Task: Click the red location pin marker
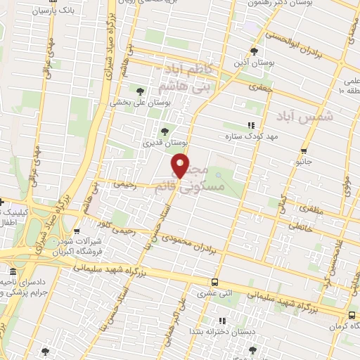click(x=181, y=167)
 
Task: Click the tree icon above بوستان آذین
click(x=255, y=51)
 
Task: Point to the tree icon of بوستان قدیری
click(x=165, y=131)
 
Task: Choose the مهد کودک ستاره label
click(x=233, y=136)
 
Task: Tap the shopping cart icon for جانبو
click(x=304, y=150)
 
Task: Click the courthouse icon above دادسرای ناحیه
click(x=11, y=272)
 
